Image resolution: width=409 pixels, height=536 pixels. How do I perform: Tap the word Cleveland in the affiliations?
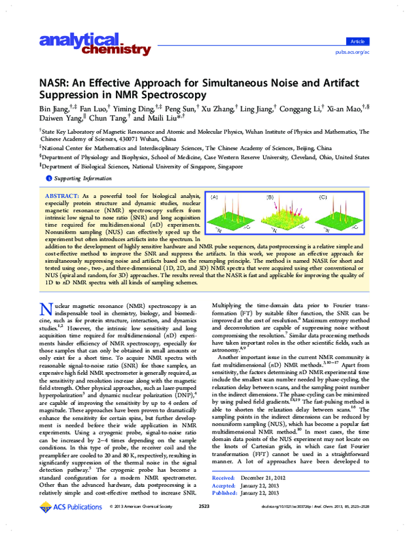tap(296, 156)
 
